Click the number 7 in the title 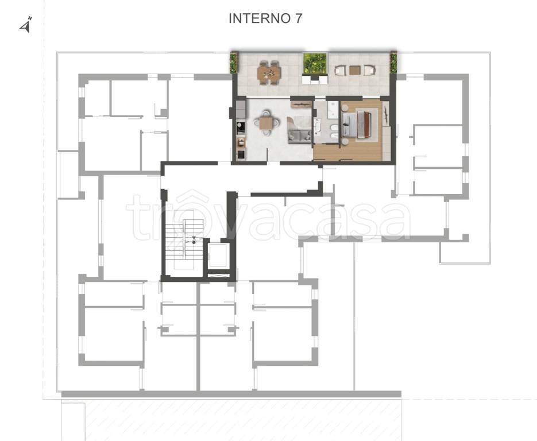tap(299, 18)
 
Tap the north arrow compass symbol tap(26, 25)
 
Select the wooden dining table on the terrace tap(269, 72)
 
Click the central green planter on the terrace tap(315, 63)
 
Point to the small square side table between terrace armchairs tap(354, 70)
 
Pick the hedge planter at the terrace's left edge tap(234, 63)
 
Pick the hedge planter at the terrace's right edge tap(393, 63)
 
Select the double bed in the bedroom tap(357, 123)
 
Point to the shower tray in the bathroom tap(331, 110)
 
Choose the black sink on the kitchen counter tap(241, 127)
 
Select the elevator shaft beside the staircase tap(218, 255)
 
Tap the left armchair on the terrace tap(340, 70)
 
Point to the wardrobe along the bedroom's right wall tap(387, 143)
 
